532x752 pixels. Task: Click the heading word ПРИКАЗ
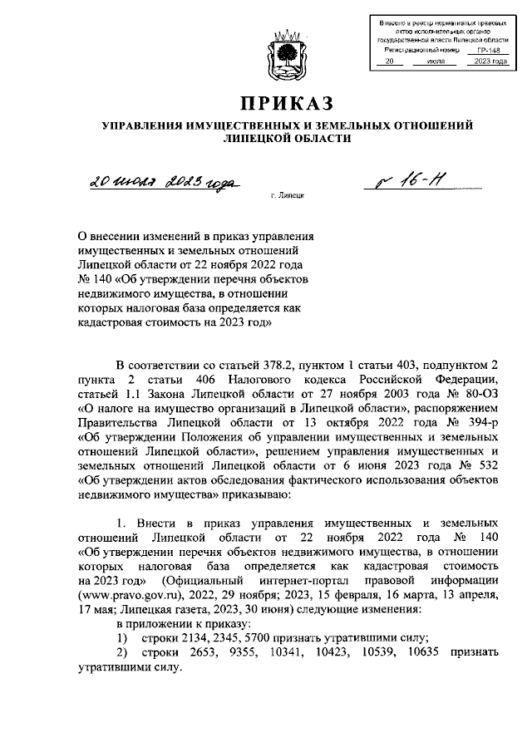[x=287, y=103]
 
